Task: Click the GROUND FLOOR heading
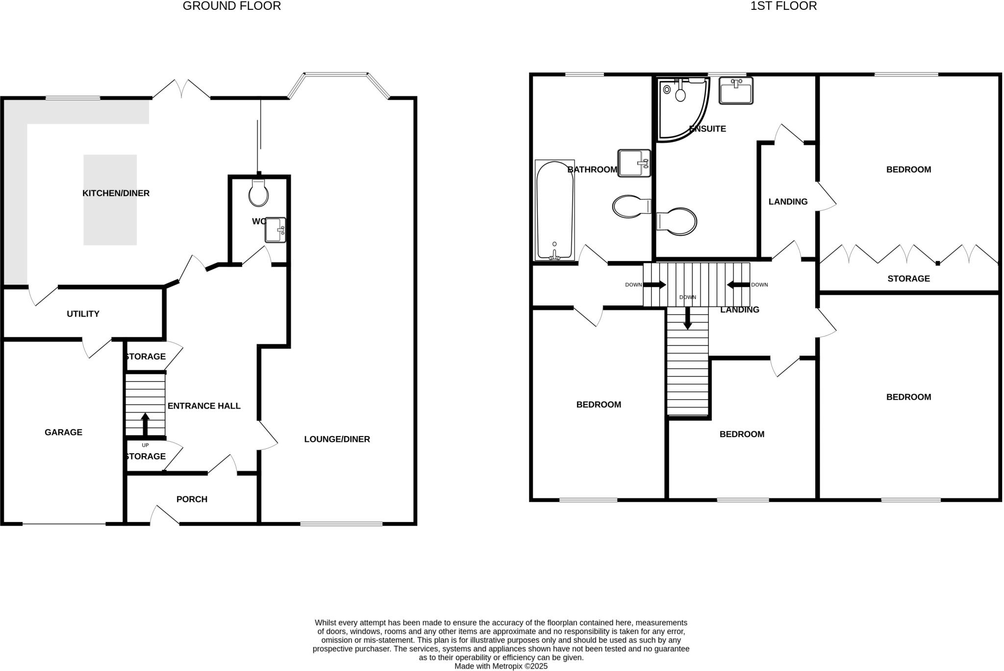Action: [231, 6]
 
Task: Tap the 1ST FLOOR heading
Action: [783, 6]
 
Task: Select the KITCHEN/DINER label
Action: [116, 193]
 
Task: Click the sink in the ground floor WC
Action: [275, 230]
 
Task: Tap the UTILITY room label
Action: [83, 314]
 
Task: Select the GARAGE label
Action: [63, 432]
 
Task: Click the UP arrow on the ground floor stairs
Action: [145, 423]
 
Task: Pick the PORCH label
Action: [192, 499]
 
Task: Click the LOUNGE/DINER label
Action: [337, 439]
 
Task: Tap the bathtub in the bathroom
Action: [554, 210]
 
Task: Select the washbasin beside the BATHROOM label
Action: [634, 163]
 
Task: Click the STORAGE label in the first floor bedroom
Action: [908, 279]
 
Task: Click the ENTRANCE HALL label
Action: [204, 406]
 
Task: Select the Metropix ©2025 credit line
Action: [501, 666]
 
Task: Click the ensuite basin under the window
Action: [735, 91]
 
